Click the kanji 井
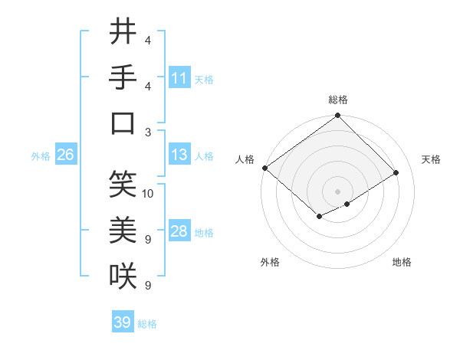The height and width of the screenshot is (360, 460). pyautogui.click(x=123, y=31)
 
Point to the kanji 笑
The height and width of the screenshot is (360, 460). pyautogui.click(x=123, y=185)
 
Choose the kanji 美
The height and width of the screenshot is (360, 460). pyautogui.click(x=123, y=230)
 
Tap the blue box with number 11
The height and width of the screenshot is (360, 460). pyautogui.click(x=179, y=78)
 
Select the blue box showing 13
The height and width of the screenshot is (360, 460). pyautogui.click(x=179, y=155)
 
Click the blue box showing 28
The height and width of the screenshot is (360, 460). pyautogui.click(x=179, y=231)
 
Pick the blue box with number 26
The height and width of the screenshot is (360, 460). pyautogui.click(x=65, y=155)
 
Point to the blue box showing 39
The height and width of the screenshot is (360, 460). pyautogui.click(x=123, y=322)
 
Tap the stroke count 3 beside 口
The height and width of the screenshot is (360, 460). pyautogui.click(x=148, y=131)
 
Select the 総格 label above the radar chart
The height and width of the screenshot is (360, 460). pyautogui.click(x=338, y=100)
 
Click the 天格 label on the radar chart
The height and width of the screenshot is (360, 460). pyautogui.click(x=431, y=159)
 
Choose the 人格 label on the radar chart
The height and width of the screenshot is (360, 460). pyautogui.click(x=245, y=159)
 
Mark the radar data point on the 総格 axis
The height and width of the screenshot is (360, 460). pyautogui.click(x=338, y=116)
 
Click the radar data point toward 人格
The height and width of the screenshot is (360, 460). pyautogui.click(x=264, y=168)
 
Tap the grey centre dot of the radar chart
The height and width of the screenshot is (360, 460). pyautogui.click(x=337, y=191)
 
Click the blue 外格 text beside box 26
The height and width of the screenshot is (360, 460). pyautogui.click(x=41, y=155)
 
